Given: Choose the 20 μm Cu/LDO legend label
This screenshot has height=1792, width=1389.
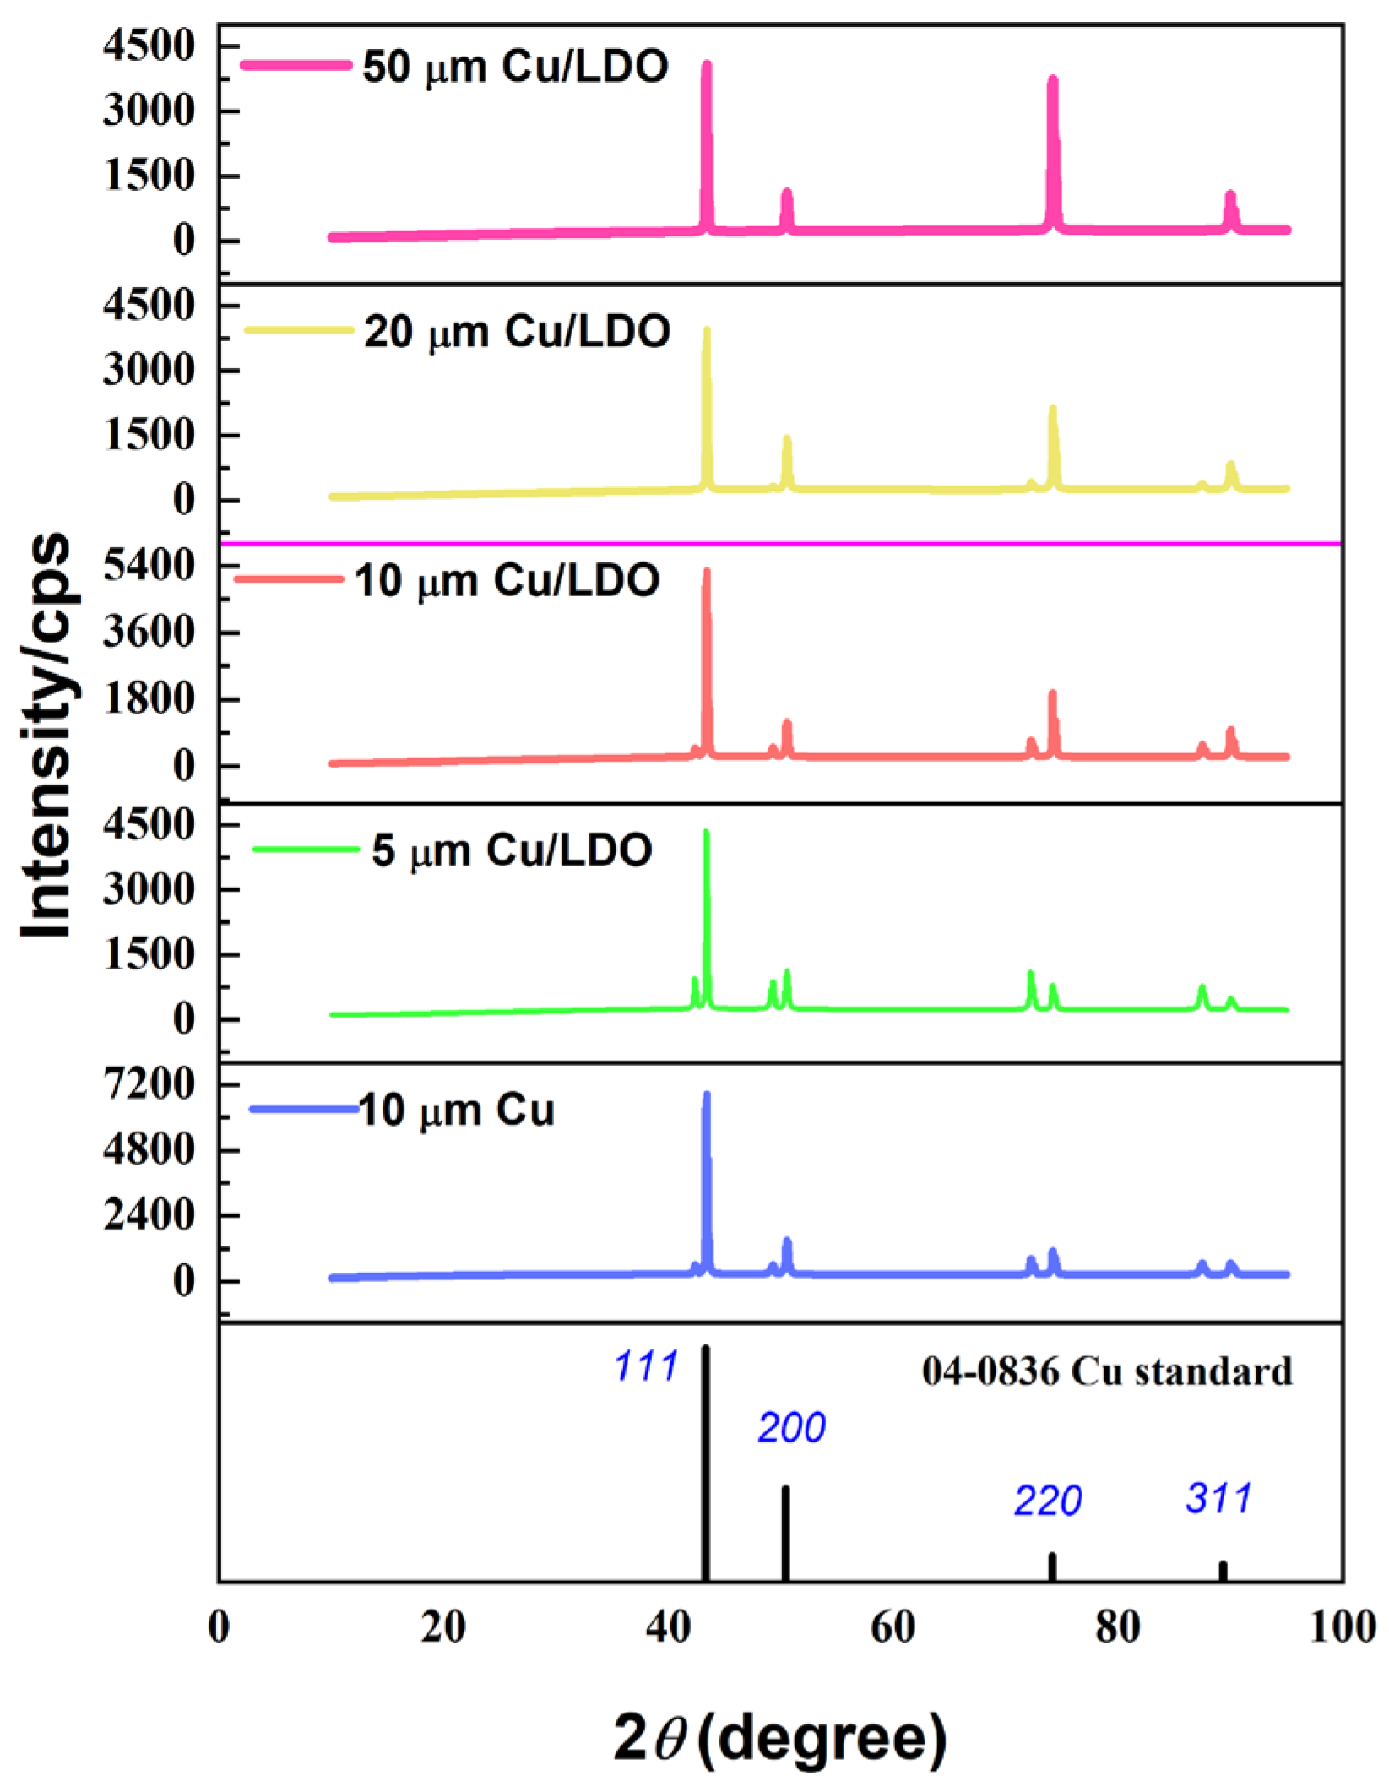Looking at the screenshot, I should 517,331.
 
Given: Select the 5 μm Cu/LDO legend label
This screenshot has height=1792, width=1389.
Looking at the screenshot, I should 512,850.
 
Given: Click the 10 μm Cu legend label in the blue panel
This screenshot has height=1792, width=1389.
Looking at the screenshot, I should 456,1110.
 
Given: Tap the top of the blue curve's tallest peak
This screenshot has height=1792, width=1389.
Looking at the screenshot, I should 707,1095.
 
